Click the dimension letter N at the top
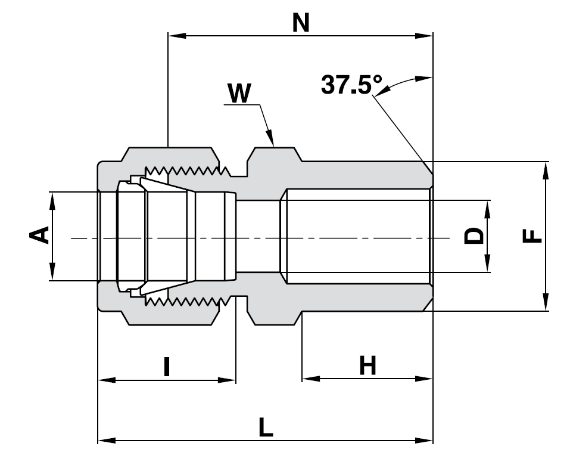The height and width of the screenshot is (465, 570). coord(301,23)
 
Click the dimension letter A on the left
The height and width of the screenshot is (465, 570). coord(39,235)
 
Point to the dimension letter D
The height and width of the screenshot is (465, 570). coord(474,236)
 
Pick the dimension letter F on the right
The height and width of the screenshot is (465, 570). coord(532,235)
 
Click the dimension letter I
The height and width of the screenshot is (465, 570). coord(167,367)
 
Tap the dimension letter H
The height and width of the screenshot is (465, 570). coord(367,366)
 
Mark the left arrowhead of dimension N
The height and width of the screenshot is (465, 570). coord(176,36)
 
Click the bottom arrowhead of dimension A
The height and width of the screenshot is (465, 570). coord(52,274)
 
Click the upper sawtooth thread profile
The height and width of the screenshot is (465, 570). coord(191,172)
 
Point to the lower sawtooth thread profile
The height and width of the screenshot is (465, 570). coord(191,300)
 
